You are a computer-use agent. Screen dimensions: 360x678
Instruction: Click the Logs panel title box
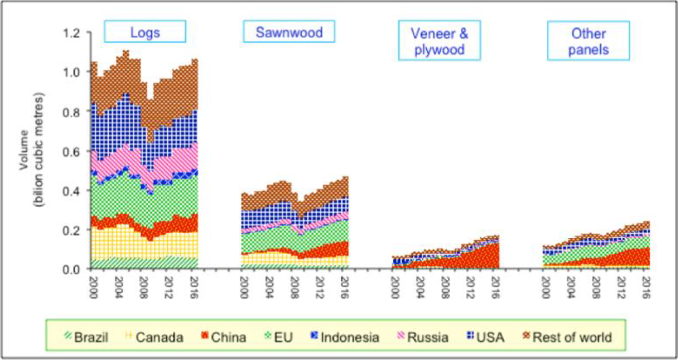point(145,33)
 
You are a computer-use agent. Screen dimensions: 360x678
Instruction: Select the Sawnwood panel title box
point(289,33)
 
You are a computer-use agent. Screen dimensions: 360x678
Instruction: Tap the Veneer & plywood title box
point(439,41)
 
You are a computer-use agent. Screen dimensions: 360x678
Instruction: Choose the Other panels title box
point(588,41)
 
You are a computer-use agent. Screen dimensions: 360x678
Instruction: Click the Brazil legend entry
point(87,337)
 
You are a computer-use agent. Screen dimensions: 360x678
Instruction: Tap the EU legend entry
point(278,337)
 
